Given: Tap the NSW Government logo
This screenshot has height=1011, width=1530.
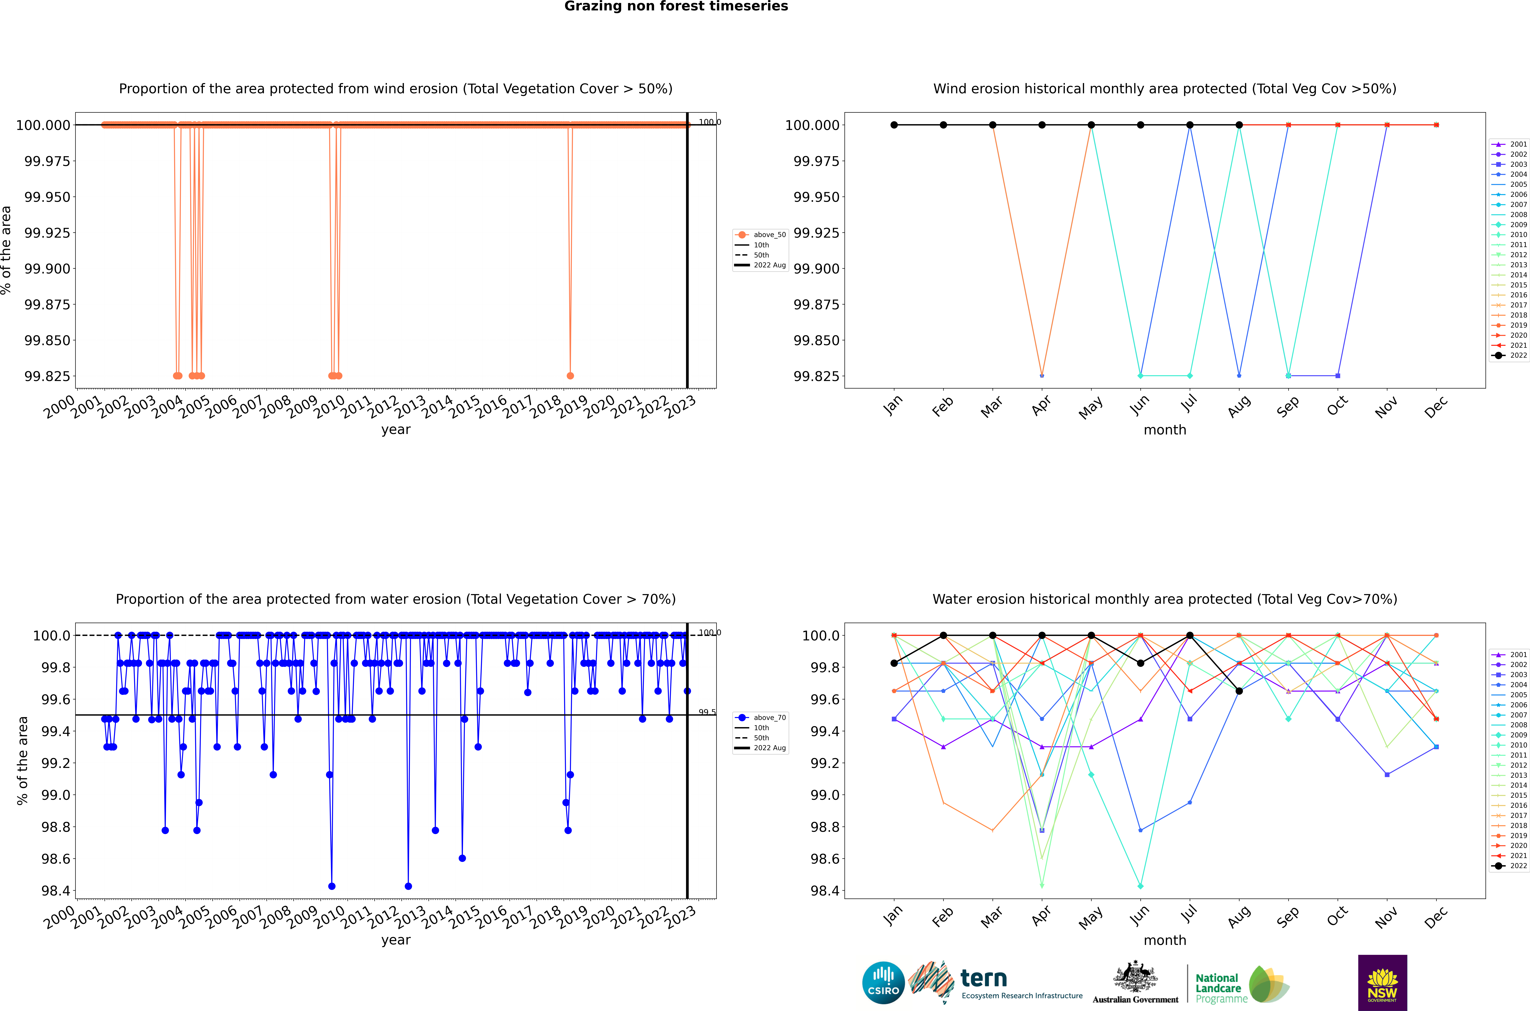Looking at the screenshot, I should click(x=1382, y=983).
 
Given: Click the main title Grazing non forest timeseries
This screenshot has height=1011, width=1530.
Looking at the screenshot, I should click(x=676, y=6).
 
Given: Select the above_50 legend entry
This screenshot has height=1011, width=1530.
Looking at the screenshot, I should click(x=761, y=235).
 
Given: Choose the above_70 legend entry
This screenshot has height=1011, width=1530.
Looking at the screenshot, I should click(x=761, y=718).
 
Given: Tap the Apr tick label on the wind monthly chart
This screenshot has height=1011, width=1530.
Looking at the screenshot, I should click(x=1041, y=406).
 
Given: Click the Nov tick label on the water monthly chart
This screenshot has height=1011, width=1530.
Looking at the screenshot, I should click(x=1386, y=917).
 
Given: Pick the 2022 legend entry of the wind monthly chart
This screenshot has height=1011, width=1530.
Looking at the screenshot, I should click(x=1509, y=355).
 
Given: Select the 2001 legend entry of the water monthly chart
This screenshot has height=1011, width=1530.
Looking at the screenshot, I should click(x=1509, y=654).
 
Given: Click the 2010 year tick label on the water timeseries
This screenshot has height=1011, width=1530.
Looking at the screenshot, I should click(x=329, y=917).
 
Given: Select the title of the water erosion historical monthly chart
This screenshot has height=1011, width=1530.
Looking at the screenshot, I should click(x=1164, y=599).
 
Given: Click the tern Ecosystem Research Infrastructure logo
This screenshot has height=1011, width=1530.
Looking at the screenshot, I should click(x=996, y=983).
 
